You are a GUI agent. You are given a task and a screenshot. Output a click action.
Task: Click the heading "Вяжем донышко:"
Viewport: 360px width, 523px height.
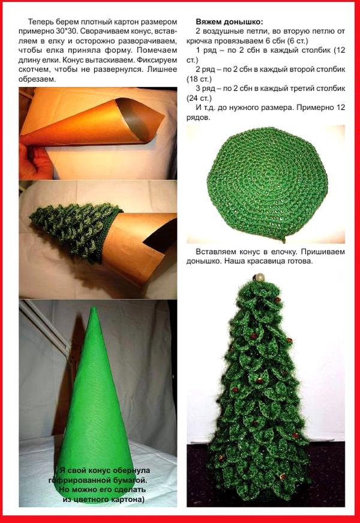[x=229, y=22]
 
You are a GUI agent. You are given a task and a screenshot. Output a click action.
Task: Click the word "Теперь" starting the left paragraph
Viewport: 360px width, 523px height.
[x=40, y=22]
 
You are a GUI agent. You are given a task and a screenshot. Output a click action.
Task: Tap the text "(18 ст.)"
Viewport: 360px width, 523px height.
[x=199, y=79]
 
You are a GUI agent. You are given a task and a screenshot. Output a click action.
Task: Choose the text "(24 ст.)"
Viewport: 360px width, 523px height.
[x=199, y=98]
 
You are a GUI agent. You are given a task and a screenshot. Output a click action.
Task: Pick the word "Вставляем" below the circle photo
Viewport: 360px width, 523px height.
[x=214, y=252]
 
